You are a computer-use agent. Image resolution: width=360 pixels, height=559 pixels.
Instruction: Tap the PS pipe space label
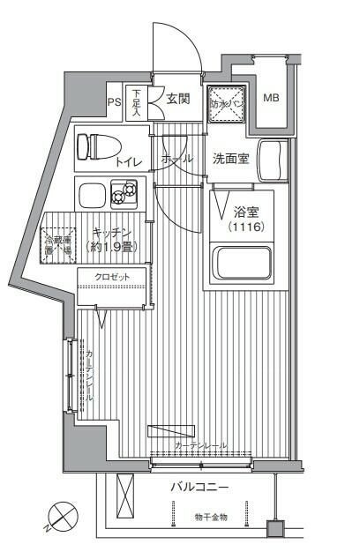point(114,100)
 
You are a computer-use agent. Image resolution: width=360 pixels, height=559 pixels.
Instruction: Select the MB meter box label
point(271,97)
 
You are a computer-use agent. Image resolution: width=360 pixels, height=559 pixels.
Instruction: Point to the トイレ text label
point(128,163)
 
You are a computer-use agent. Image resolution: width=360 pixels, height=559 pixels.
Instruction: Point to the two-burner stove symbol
point(124,191)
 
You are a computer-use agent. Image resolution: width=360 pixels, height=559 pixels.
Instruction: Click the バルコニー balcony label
point(199,487)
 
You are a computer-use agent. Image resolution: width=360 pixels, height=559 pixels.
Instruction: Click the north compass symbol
point(61,515)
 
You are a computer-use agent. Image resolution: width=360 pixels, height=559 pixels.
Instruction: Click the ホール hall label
point(176,159)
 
